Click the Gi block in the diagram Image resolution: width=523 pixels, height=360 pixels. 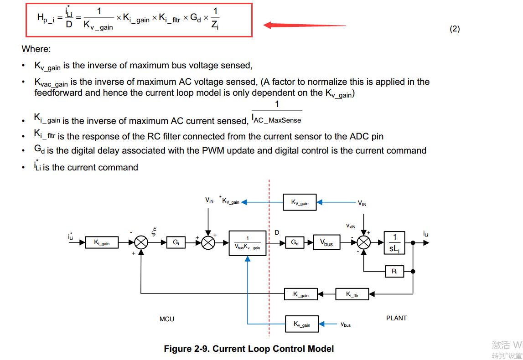coord(176,243)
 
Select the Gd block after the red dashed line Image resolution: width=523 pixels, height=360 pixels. coord(295,243)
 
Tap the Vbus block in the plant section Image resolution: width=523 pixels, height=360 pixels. coord(326,243)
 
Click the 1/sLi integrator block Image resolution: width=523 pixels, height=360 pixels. coord(395,243)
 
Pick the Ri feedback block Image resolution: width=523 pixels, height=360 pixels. coord(395,272)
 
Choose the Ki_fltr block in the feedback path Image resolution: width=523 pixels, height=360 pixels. coord(352,294)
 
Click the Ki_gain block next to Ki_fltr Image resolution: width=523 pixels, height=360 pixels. coord(301,294)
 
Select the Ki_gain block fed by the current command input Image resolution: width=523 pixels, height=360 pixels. coord(102,243)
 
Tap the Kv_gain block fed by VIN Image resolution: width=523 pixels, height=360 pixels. coord(300,202)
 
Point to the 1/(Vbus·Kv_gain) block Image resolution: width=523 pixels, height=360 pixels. coord(247,243)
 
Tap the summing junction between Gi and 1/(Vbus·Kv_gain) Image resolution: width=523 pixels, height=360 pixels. coord(208,243)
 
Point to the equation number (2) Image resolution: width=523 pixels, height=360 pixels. coord(455,29)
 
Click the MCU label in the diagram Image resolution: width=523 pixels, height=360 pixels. coord(167,319)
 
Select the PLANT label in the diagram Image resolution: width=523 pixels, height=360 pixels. coord(396,318)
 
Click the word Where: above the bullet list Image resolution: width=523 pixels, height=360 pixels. coord(36,49)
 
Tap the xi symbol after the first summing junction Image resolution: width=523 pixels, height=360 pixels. coord(154,232)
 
